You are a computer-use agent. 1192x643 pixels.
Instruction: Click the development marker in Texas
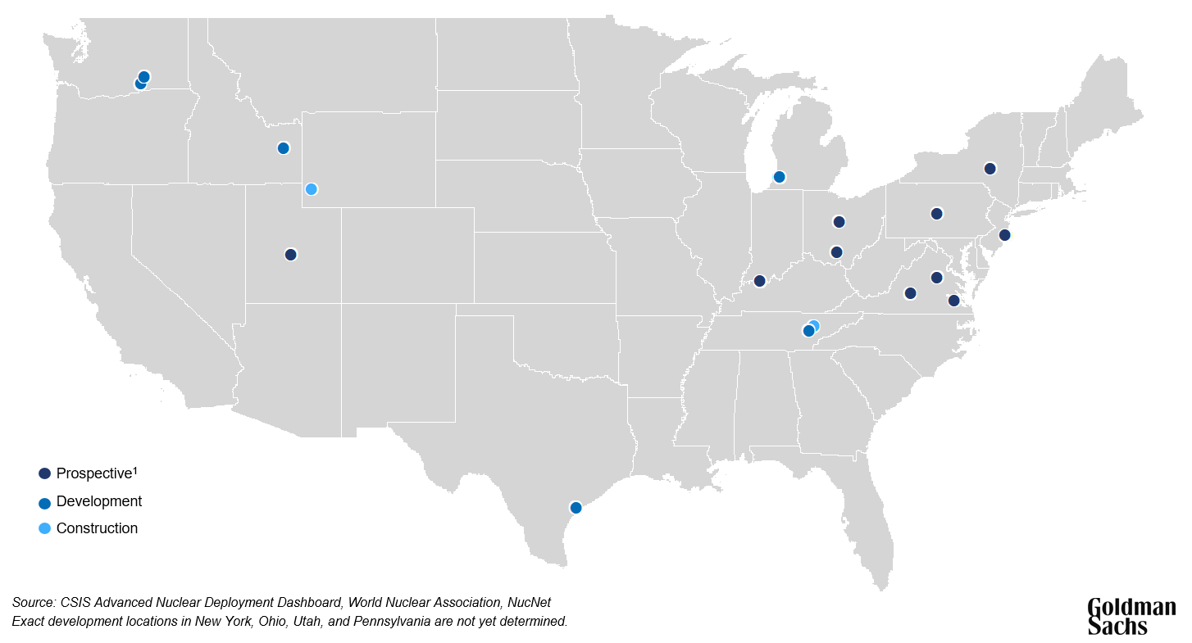576,508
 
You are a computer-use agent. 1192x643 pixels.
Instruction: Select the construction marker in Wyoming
312,189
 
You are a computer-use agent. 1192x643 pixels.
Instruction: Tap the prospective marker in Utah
290,255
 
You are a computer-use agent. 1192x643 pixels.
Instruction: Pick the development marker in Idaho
284,148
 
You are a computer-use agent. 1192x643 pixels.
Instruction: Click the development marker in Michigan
780,177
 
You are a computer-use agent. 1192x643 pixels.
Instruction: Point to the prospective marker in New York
990,169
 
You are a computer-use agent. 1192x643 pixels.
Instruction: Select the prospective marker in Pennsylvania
937,214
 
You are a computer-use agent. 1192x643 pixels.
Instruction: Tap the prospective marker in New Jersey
1005,235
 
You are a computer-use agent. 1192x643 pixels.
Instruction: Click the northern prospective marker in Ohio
839,222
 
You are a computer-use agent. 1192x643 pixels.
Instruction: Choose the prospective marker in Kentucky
759,281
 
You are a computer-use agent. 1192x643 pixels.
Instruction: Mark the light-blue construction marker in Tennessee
814,325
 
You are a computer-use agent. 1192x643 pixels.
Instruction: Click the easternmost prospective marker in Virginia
953,301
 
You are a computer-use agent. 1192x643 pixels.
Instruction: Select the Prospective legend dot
44,473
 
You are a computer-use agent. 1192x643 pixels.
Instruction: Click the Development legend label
98,501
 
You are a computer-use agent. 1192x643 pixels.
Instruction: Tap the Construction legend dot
44,528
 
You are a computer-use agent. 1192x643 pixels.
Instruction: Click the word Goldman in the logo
1131,608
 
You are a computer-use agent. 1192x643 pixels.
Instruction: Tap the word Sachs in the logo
1117,627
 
